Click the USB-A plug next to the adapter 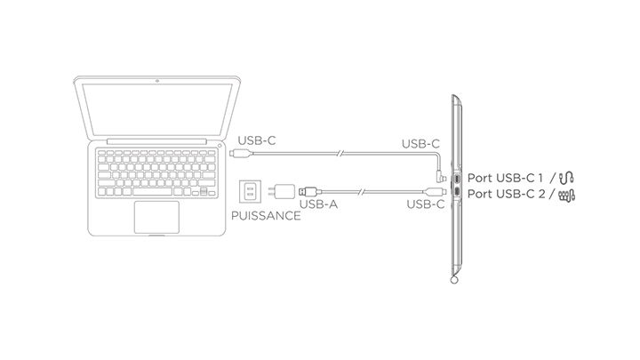(308, 189)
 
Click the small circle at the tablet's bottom (454, 282)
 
